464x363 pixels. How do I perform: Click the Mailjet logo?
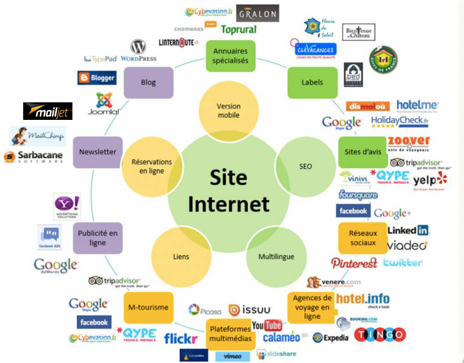click(48, 111)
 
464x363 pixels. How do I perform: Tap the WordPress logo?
click(138, 51)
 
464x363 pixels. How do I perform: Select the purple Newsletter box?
click(98, 152)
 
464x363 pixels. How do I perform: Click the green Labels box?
click(312, 83)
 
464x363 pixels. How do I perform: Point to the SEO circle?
click(306, 166)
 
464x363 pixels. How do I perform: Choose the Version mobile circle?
click(229, 111)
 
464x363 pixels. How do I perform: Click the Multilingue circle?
click(276, 256)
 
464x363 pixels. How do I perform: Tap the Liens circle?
click(181, 256)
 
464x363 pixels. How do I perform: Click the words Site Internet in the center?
click(229, 191)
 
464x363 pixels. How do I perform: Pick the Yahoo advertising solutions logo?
click(67, 207)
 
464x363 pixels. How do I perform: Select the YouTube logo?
click(267, 325)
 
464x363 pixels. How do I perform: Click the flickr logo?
click(181, 339)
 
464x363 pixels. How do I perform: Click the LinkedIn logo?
click(408, 230)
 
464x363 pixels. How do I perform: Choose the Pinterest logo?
click(354, 263)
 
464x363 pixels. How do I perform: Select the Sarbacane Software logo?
click(34, 157)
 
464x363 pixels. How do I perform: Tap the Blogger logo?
click(97, 78)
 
